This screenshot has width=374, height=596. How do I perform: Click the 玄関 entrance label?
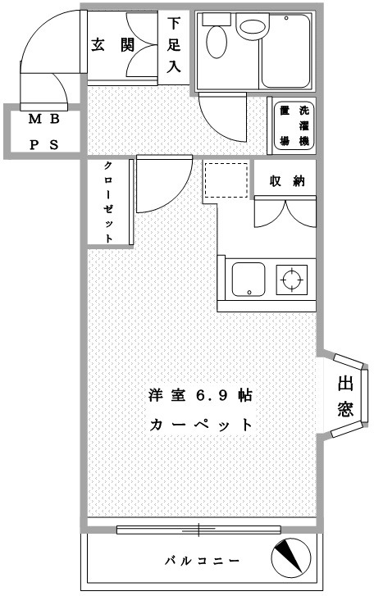point(112,46)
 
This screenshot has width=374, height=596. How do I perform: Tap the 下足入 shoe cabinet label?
point(174,48)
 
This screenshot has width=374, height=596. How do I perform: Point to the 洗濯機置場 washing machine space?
point(294,127)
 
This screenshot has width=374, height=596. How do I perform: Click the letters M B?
point(44,119)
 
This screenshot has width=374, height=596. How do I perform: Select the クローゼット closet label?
point(109,202)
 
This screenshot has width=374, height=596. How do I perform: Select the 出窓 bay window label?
point(345,397)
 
